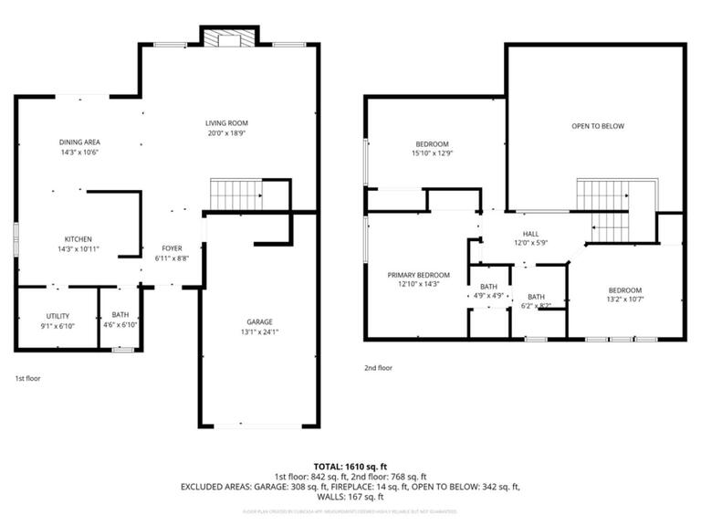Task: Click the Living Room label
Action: point(225,122)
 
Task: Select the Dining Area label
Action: point(79,142)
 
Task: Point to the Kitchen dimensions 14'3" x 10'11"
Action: point(78,249)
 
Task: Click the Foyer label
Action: point(172,248)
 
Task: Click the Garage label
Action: point(258,321)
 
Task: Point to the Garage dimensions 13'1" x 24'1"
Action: point(258,332)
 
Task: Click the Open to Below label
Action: point(598,126)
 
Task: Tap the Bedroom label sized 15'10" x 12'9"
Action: point(433,143)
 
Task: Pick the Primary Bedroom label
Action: point(419,275)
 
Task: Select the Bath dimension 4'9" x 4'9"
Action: point(488,297)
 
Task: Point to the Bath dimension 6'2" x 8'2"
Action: point(535,307)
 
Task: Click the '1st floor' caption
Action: point(27,378)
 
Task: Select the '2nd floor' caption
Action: point(378,368)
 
